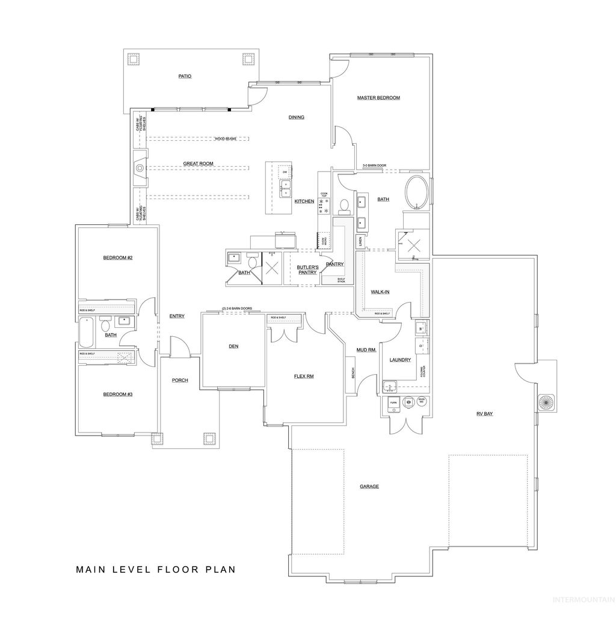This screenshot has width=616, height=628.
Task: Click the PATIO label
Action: click(185, 76)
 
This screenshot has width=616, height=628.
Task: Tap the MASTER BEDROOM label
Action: click(378, 97)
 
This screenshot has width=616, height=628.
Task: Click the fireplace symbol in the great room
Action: click(140, 168)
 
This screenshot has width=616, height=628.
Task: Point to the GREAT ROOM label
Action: click(199, 164)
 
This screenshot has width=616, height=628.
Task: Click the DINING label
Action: click(297, 117)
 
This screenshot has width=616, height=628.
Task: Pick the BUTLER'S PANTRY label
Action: click(307, 269)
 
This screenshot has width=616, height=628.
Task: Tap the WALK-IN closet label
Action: click(380, 292)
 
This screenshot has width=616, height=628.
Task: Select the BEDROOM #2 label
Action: click(117, 257)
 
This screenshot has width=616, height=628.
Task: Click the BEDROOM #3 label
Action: click(117, 394)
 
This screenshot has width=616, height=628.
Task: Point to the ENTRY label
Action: click(177, 316)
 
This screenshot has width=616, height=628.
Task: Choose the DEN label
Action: click(234, 346)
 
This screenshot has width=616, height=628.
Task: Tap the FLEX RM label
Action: click(304, 376)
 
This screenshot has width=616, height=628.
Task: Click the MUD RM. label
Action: click(366, 349)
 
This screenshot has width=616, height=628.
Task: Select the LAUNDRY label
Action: click(400, 360)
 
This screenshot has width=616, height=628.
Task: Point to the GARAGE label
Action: click(369, 486)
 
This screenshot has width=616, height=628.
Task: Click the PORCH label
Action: click(180, 380)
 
